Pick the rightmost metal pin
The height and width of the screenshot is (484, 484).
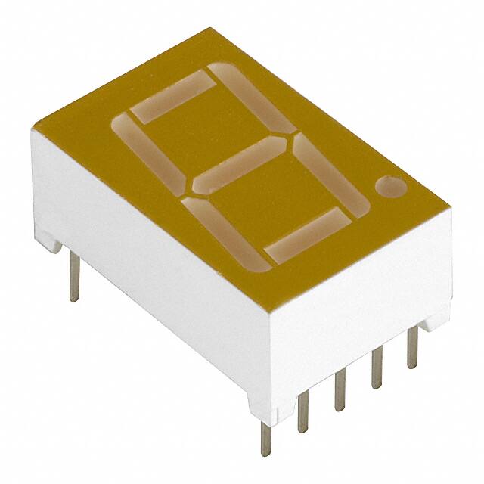[411, 348]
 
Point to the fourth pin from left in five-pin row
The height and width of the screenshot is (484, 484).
[376, 367]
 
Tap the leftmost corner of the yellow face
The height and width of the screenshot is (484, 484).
[33, 130]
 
